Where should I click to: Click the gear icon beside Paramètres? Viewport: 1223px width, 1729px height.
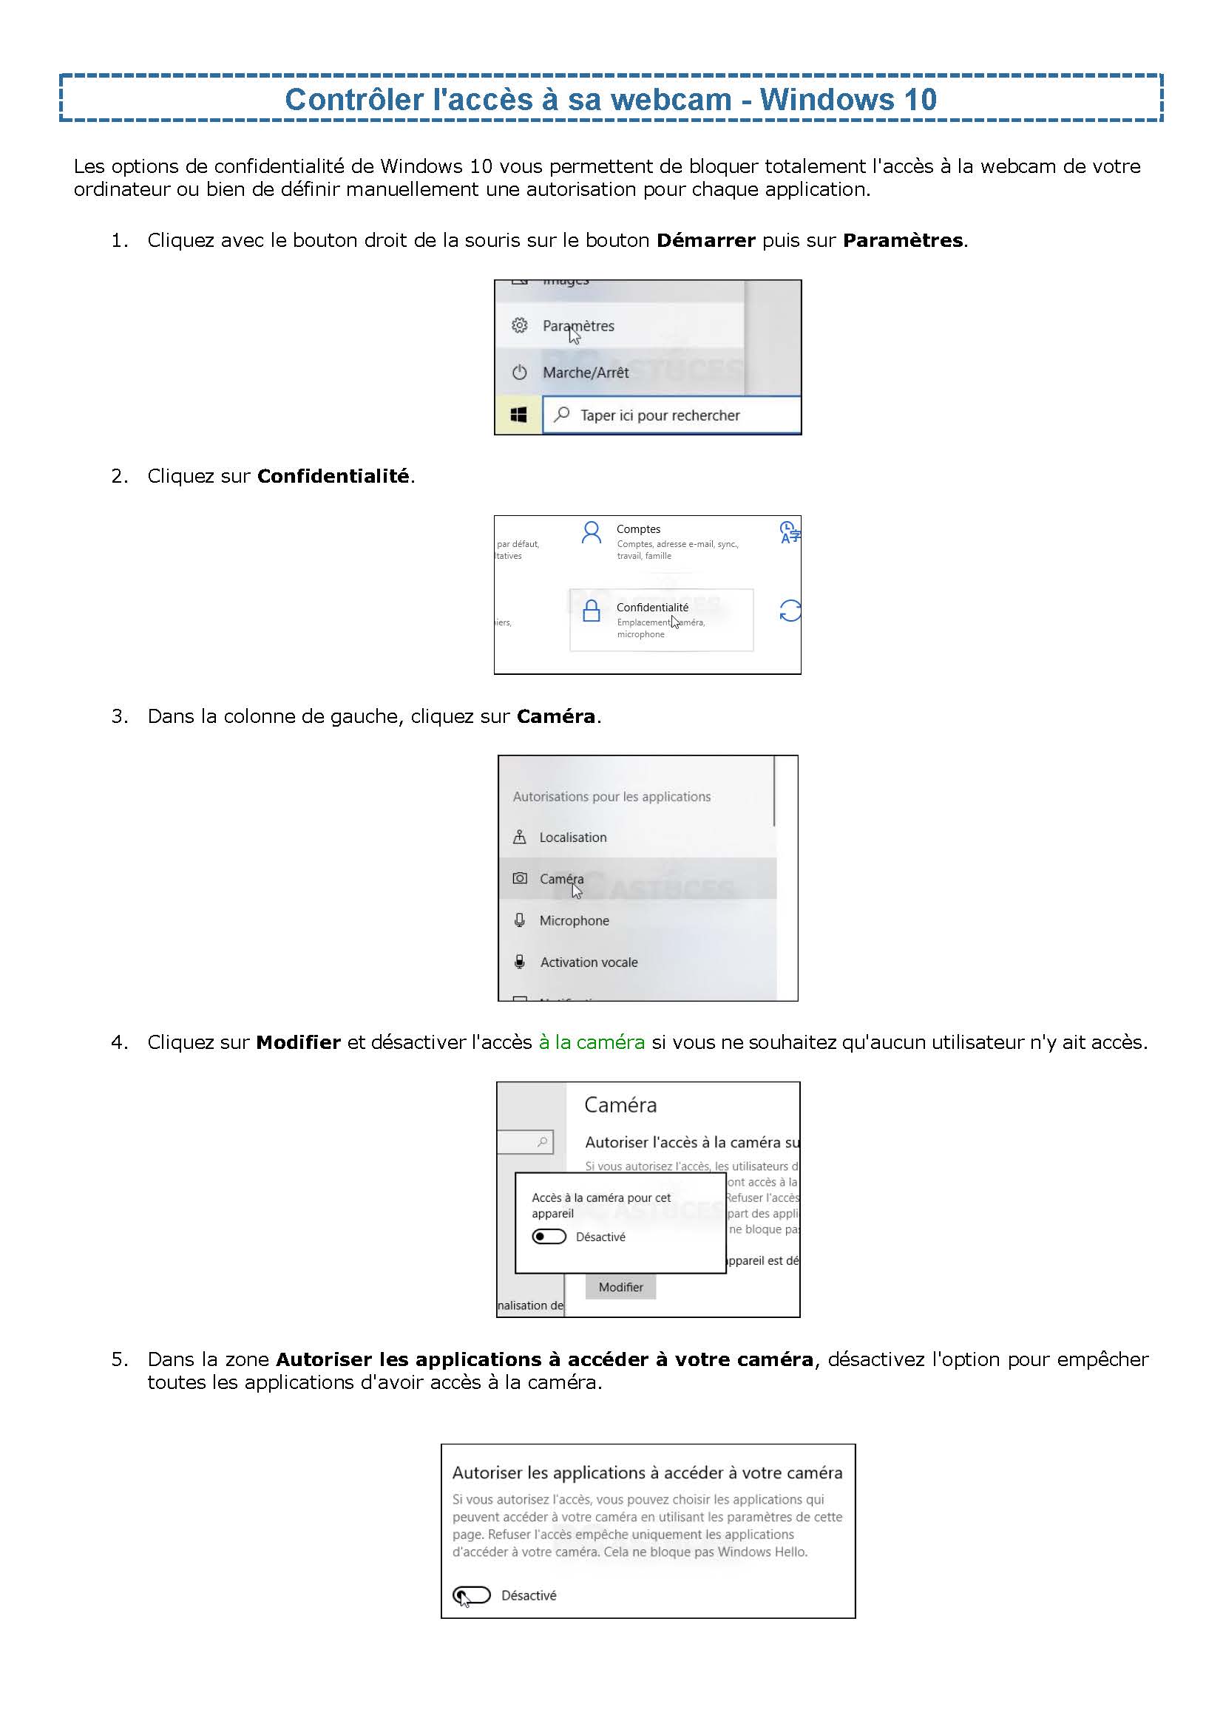tap(519, 325)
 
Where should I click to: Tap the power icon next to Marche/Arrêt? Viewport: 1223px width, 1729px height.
tap(519, 372)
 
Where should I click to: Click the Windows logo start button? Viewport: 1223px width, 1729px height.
tap(518, 415)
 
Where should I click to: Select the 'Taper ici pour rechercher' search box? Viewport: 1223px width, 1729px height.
tap(670, 415)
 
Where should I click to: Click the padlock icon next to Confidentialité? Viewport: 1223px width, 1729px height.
tap(592, 611)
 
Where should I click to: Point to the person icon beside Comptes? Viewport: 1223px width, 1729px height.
tap(592, 533)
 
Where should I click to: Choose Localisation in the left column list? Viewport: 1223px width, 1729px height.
tap(572, 838)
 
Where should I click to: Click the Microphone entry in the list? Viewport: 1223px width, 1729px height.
tap(574, 920)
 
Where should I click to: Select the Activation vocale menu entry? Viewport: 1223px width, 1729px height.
tap(588, 962)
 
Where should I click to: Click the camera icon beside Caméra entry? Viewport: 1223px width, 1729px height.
tap(520, 878)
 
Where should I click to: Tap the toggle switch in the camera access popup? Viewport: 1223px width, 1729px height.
tap(549, 1237)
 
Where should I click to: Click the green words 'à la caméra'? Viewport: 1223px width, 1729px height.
tap(592, 1042)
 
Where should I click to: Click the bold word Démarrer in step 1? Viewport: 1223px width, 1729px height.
tap(705, 240)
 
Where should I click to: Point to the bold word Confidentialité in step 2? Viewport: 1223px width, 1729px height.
tap(333, 476)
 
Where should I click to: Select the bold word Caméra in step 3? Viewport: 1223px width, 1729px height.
tap(556, 716)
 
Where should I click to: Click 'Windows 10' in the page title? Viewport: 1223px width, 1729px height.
tap(848, 99)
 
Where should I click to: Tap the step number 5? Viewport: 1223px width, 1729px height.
tap(118, 1359)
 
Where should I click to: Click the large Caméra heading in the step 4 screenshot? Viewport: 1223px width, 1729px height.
tap(620, 1104)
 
